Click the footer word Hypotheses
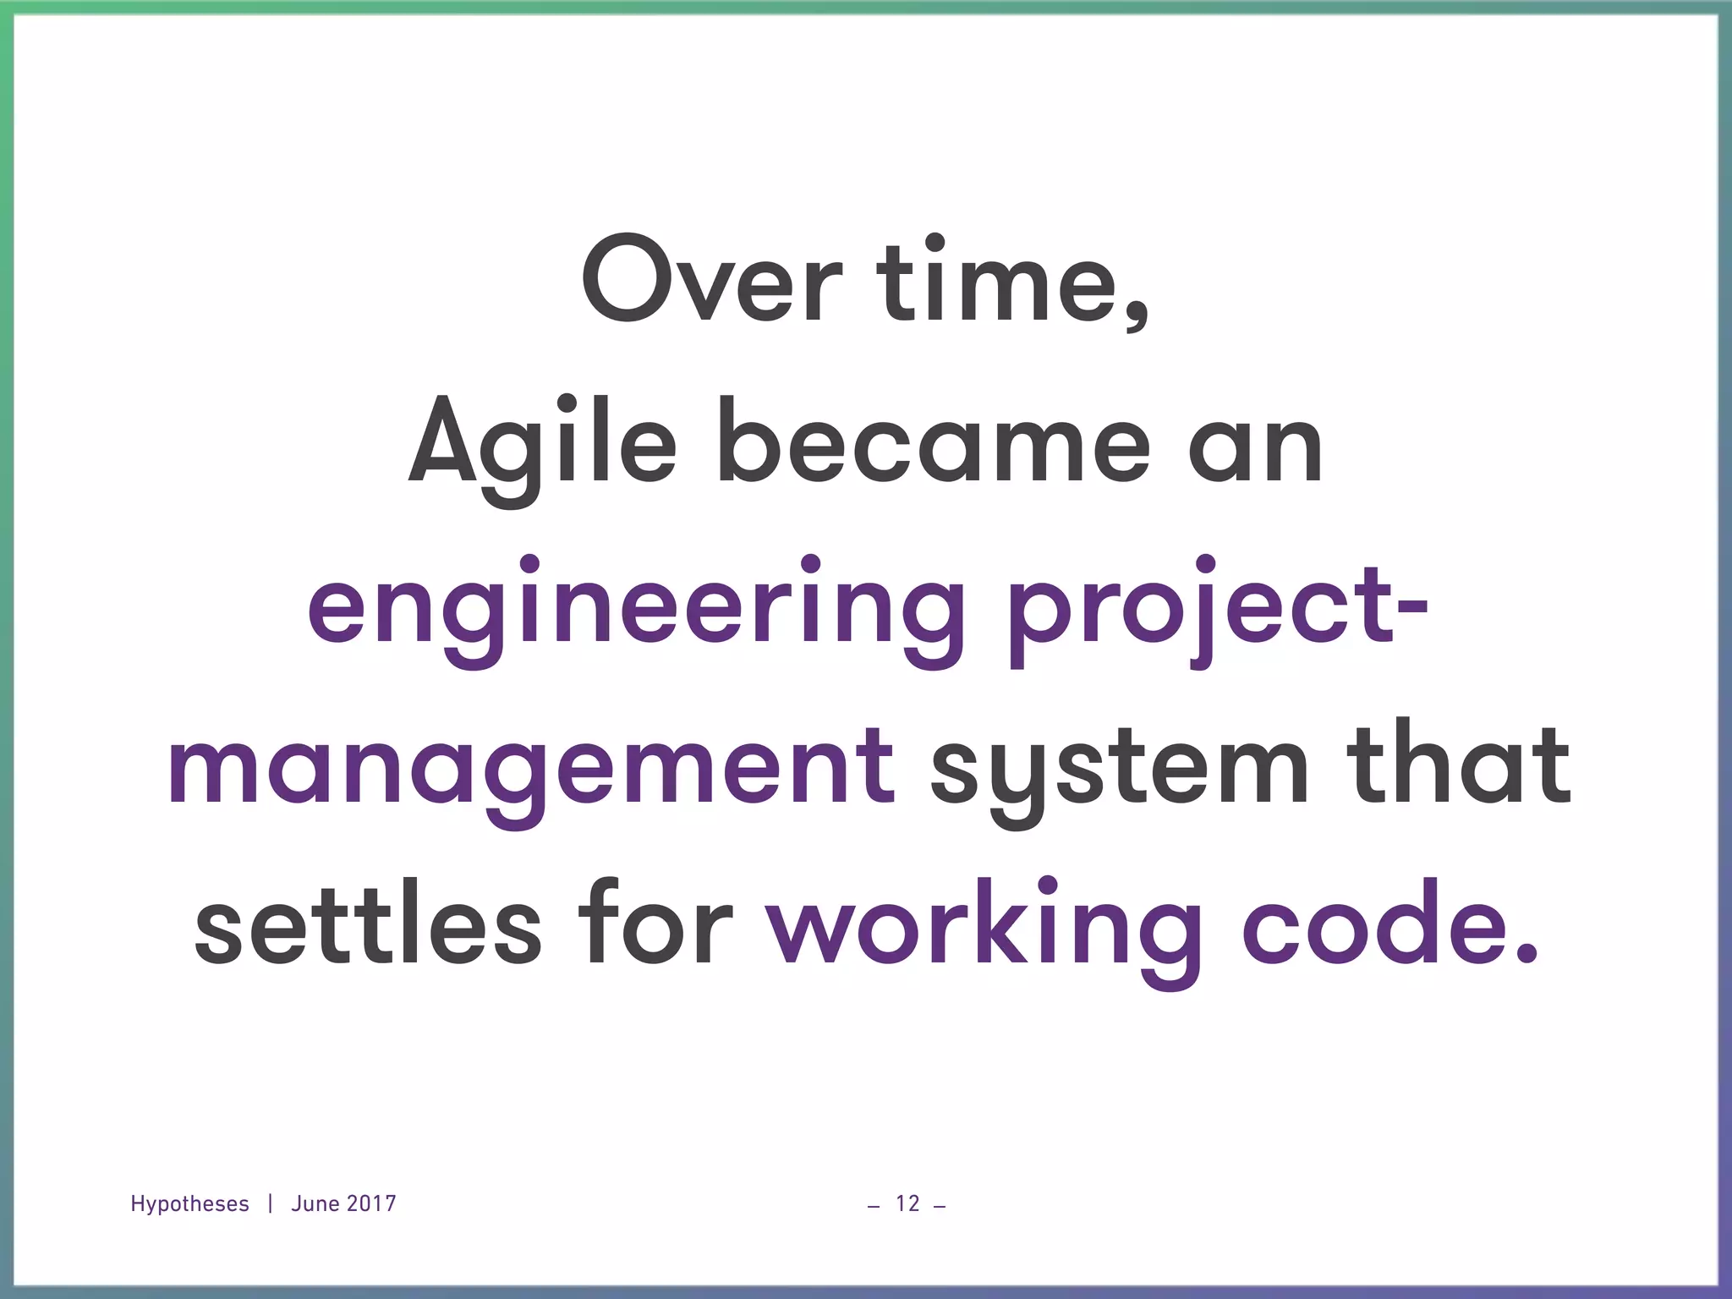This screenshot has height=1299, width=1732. tap(189, 1204)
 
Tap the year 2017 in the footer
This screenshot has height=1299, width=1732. tap(370, 1203)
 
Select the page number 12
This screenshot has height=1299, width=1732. tap(907, 1203)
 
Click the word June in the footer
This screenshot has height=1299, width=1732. tap(314, 1203)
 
